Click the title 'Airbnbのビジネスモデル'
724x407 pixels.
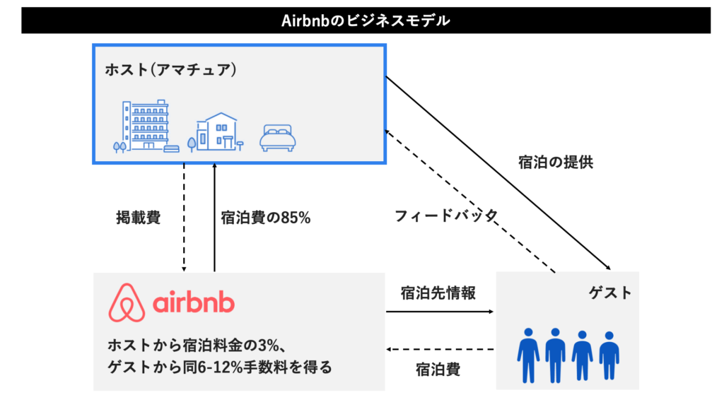point(366,20)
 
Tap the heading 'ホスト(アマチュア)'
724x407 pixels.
point(170,70)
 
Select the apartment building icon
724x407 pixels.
point(145,126)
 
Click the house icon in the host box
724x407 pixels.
point(216,132)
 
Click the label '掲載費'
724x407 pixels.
point(138,217)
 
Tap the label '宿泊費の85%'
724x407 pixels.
point(266,218)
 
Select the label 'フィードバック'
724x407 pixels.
point(446,216)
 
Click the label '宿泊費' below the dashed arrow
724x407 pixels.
point(438,369)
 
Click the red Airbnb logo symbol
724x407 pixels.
point(127,303)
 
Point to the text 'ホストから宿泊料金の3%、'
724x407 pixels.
point(196,346)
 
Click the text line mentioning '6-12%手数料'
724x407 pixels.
point(219,368)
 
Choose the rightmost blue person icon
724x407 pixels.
point(609,355)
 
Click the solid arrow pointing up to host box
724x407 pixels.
point(214,218)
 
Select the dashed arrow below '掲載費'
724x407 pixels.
point(184,218)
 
